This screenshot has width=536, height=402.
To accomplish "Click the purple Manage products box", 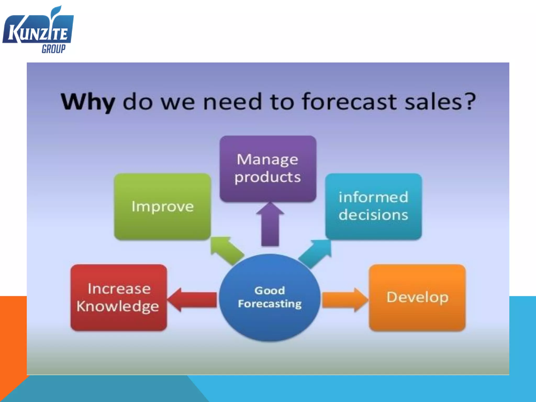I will click(x=268, y=169).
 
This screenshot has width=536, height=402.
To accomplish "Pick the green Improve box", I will click(x=163, y=206).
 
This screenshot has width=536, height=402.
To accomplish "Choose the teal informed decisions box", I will click(x=373, y=206).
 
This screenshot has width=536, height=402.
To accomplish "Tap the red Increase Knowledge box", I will click(x=119, y=297).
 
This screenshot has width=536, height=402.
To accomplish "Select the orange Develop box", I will click(x=417, y=297).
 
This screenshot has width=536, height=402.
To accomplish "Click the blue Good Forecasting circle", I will click(x=270, y=297).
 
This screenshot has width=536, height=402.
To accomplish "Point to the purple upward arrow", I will click(x=270, y=225).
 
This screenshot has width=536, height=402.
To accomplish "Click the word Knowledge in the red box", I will click(x=118, y=306).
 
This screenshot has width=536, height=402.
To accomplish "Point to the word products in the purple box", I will click(x=267, y=177).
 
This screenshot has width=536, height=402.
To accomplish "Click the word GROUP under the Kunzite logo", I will click(x=54, y=49).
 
